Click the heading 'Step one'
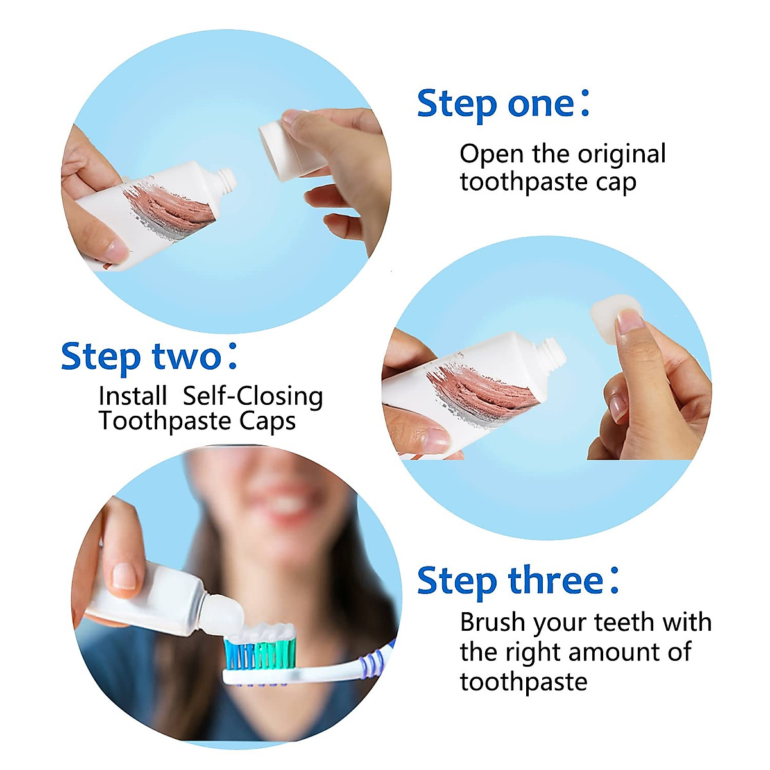(x=495, y=104)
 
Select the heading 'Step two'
(x=141, y=357)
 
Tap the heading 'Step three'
(x=510, y=581)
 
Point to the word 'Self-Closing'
(x=253, y=397)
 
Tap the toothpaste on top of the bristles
(x=263, y=632)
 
